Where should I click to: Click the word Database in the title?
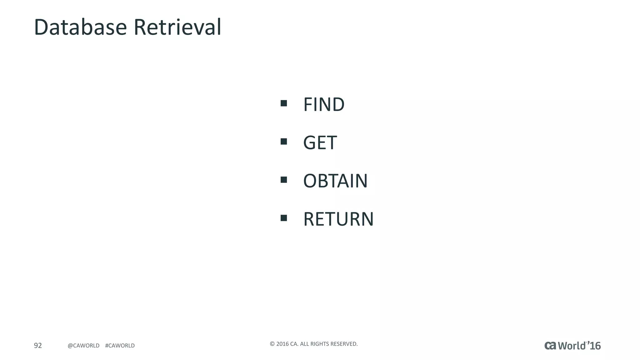pyautogui.click(x=80, y=27)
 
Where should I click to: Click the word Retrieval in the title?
pyautogui.click(x=177, y=27)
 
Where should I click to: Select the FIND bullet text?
pyautogui.click(x=324, y=104)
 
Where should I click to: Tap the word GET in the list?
pyautogui.click(x=320, y=143)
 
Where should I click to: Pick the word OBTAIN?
pyautogui.click(x=335, y=181)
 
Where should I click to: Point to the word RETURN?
pyautogui.click(x=338, y=219)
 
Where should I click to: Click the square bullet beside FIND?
pyautogui.click(x=284, y=103)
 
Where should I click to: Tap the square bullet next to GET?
pyautogui.click(x=284, y=142)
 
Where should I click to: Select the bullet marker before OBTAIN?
pyautogui.click(x=284, y=180)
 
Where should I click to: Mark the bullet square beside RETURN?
pyautogui.click(x=284, y=218)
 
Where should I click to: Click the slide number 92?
pyautogui.click(x=38, y=345)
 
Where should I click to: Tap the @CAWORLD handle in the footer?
pyautogui.click(x=83, y=346)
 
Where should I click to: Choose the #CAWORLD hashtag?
pyautogui.click(x=120, y=346)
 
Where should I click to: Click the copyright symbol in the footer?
pyautogui.click(x=272, y=344)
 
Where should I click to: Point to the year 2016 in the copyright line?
pyautogui.click(x=282, y=344)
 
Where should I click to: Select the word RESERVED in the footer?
pyautogui.click(x=344, y=344)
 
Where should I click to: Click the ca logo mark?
pyautogui.click(x=550, y=345)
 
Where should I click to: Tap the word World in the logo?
pyautogui.click(x=572, y=346)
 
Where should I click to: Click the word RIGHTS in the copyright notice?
pyautogui.click(x=320, y=344)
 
